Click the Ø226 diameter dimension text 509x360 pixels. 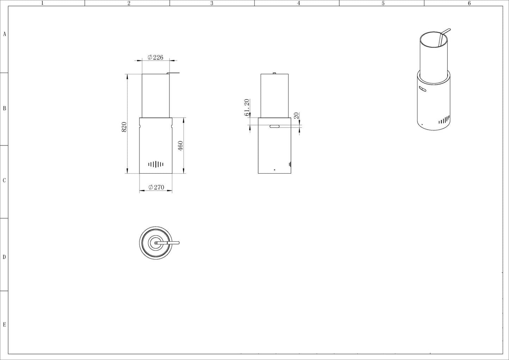tap(155, 57)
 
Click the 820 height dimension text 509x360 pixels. tap(124, 127)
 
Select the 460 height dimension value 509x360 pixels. tap(180, 146)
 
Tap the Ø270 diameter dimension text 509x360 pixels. tap(156, 187)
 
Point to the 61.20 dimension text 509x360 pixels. tap(247, 107)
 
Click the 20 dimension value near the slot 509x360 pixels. tap(296, 116)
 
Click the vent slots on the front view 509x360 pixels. tap(156, 164)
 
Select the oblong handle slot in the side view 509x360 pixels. tap(274, 126)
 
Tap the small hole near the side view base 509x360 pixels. tap(274, 170)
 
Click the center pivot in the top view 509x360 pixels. tap(156, 243)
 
